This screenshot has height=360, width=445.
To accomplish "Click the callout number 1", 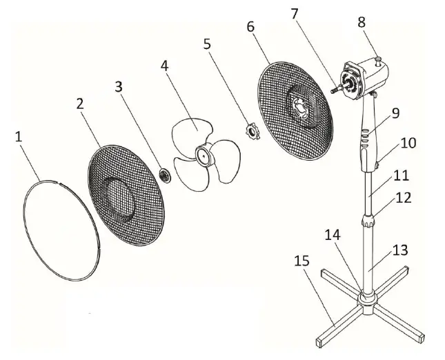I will click(19, 137).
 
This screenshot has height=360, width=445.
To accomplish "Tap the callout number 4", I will click(164, 66).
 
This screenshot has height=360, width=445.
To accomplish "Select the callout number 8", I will click(362, 21).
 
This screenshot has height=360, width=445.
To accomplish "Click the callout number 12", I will click(404, 197).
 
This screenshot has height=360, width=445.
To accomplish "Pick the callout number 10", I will click(408, 143).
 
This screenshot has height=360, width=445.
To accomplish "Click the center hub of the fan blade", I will click(204, 156).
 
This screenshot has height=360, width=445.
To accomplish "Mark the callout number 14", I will click(331, 234).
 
